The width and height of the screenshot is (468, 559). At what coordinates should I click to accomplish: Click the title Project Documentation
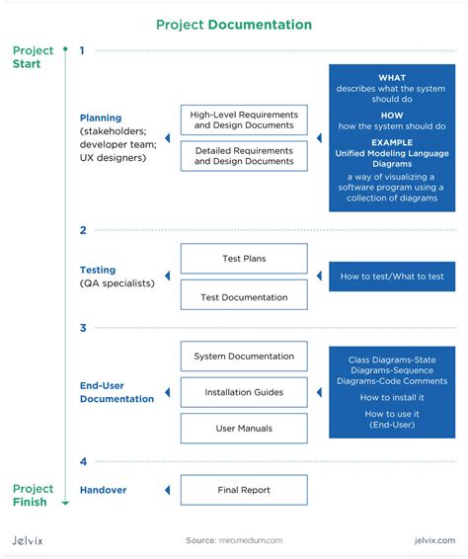(234, 25)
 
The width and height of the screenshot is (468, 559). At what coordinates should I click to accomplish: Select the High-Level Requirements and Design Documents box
(244, 120)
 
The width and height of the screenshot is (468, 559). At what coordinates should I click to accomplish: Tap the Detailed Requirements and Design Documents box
(244, 156)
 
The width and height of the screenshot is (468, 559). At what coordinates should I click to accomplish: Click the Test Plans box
(244, 259)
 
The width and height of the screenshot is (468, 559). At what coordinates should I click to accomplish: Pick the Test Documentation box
(244, 296)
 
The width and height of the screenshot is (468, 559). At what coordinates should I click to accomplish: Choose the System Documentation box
(244, 357)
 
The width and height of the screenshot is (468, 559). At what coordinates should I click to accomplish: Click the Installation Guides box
(244, 392)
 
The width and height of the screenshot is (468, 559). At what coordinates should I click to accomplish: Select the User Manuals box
(244, 429)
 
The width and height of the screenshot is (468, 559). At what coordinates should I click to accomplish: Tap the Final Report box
(244, 490)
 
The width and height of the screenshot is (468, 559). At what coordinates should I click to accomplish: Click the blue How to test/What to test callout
(392, 277)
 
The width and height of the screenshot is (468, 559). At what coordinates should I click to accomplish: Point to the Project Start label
(33, 57)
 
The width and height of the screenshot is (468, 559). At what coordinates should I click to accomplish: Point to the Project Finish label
(33, 496)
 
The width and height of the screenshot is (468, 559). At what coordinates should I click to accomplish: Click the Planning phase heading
(100, 117)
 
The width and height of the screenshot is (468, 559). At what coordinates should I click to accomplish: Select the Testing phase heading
(98, 270)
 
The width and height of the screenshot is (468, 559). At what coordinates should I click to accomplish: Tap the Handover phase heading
(103, 490)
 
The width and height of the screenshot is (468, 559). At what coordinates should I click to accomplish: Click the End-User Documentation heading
(117, 392)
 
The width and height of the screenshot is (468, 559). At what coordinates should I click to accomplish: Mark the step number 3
(83, 328)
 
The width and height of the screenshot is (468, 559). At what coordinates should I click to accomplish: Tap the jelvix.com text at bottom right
(433, 540)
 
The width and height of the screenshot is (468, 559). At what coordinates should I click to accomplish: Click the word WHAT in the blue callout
(392, 78)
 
